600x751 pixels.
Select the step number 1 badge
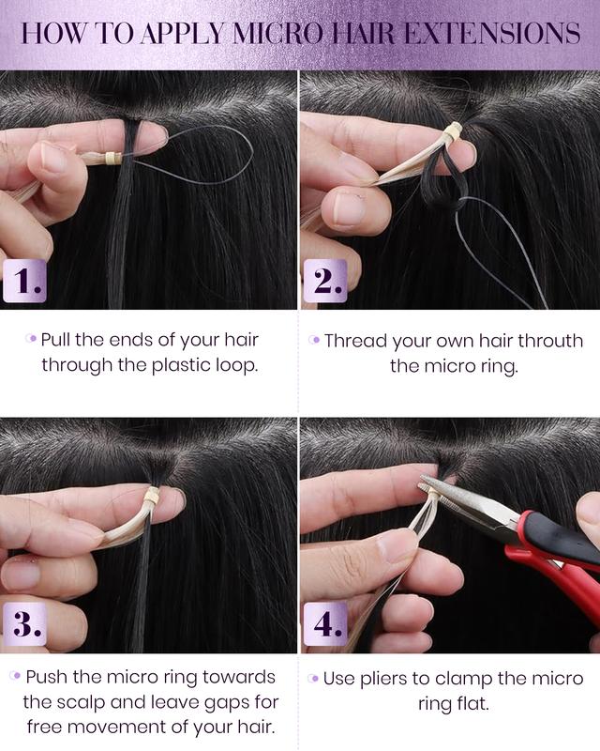click(x=22, y=281)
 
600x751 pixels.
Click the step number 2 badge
click(x=323, y=281)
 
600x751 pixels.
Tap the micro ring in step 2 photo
click(x=453, y=134)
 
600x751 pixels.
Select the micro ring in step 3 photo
click(x=150, y=498)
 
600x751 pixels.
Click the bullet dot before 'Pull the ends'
click(x=31, y=339)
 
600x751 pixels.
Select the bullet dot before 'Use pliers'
click(x=313, y=678)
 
